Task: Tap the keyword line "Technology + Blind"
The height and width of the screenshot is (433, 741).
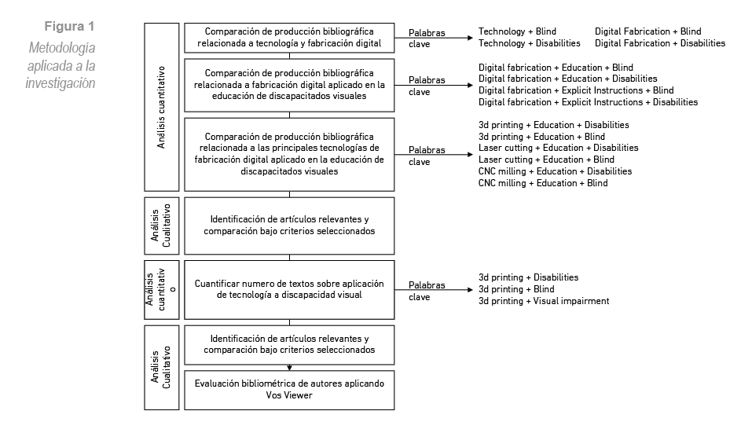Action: [517, 32]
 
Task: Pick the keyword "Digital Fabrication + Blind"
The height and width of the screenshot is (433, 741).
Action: [647, 32]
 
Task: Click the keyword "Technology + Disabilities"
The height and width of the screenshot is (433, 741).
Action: [530, 43]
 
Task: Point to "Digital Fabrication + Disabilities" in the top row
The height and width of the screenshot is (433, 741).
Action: [660, 43]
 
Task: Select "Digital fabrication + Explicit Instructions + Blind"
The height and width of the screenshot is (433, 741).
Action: [576, 90]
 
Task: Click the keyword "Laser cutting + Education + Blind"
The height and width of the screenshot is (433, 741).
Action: [546, 160]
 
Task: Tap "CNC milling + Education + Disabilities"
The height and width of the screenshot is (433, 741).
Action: [555, 171]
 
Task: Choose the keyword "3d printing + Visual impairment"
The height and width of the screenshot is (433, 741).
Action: [544, 301]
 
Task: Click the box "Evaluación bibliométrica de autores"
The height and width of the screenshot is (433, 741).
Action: [289, 389]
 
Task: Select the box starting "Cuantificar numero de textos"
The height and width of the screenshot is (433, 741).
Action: [289, 289]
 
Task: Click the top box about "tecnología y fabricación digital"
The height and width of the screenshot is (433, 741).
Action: [289, 37]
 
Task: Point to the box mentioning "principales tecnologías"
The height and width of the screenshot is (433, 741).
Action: [289, 154]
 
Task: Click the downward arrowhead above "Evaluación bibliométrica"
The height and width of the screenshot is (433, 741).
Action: [289, 366]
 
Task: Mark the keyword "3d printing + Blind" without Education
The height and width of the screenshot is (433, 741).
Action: [516, 289]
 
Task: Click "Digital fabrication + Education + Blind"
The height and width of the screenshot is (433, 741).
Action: [556, 68]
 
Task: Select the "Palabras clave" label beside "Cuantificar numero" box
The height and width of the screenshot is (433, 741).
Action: [427, 291]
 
